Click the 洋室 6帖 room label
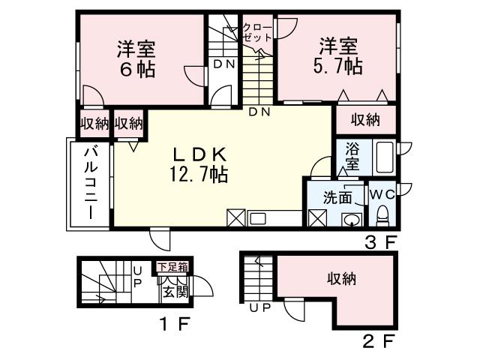tap(136, 59)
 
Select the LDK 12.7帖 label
tap(199, 165)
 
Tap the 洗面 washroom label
tap(337, 198)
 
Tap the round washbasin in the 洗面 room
tap(350, 220)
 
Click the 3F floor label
tap(379, 241)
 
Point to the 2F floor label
tap(378, 343)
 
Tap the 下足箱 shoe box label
tap(172, 266)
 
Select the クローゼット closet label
tap(257, 33)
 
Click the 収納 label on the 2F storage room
tap(340, 279)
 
